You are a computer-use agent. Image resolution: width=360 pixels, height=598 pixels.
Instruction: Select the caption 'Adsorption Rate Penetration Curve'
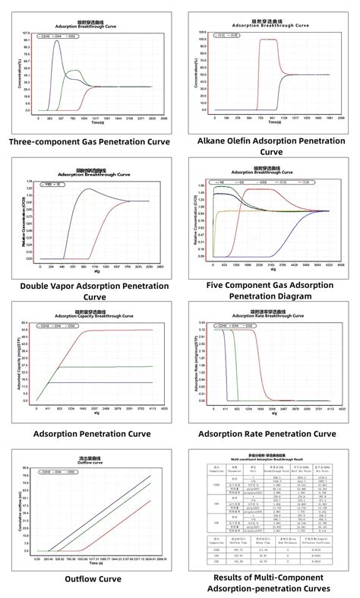coord(267,433)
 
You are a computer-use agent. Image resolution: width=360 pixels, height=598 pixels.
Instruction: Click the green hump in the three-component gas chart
coord(74,73)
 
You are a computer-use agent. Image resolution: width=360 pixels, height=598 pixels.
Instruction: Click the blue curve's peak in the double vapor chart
coord(89,188)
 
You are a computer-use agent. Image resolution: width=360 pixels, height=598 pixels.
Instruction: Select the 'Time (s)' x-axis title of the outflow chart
coord(94,564)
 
